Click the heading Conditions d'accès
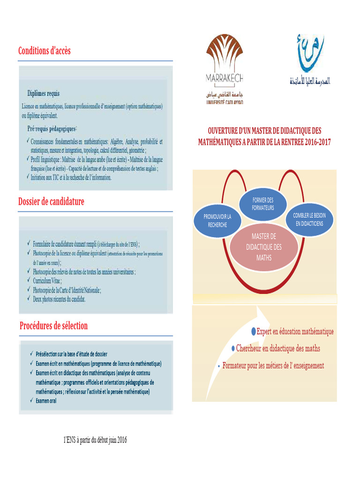pos(45,51)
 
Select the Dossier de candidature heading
pos(51,202)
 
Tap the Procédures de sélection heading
pos(53,325)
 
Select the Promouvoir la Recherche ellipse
pos(217,220)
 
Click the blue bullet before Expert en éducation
pos(254,331)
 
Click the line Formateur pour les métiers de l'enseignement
pos(273,366)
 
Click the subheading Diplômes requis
pos(43,93)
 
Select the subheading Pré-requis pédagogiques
pos(52,128)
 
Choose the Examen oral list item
pos(46,400)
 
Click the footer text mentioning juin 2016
pos(95,440)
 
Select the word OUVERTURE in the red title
pos(225,131)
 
